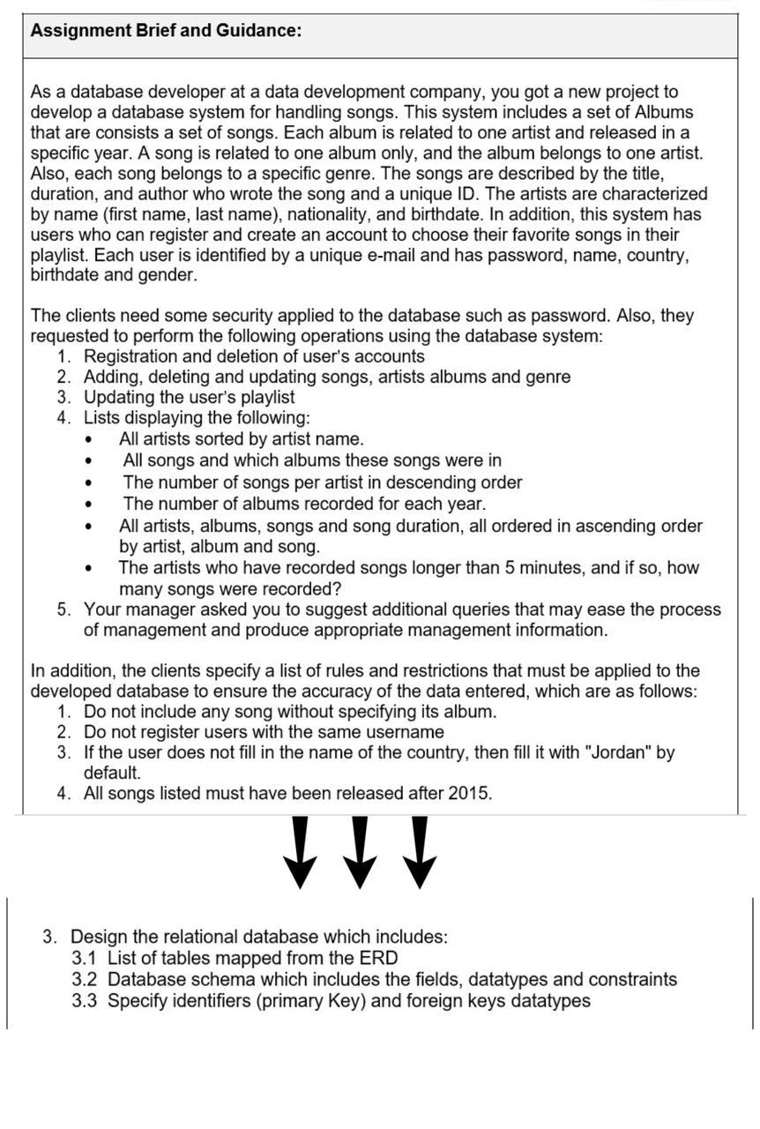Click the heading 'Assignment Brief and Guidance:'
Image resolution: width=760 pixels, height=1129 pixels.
(x=166, y=31)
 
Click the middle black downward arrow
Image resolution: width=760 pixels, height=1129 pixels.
(x=359, y=851)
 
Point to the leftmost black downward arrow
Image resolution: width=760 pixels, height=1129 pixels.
(x=301, y=851)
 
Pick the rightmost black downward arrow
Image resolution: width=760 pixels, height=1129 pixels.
(x=420, y=851)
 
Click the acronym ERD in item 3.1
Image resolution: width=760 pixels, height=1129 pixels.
(x=378, y=959)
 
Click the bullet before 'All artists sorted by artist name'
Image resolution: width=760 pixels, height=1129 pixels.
(x=89, y=439)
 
